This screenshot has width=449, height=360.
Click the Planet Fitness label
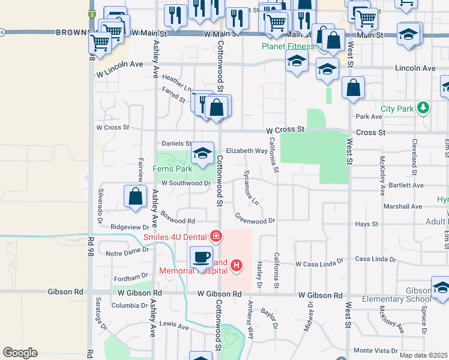click(x=288, y=46)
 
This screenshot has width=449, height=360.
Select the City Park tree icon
click(x=424, y=108)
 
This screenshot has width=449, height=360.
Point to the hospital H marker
click(x=237, y=265)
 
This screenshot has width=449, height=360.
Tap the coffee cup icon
click(x=201, y=257)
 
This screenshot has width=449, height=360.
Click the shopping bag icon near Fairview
click(x=136, y=197)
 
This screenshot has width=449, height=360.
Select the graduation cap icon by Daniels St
click(x=203, y=154)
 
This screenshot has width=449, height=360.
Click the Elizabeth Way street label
click(x=246, y=151)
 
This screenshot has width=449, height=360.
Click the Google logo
click(x=20, y=353)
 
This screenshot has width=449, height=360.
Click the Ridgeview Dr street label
click(x=130, y=227)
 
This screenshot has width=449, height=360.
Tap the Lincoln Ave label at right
click(x=415, y=68)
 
